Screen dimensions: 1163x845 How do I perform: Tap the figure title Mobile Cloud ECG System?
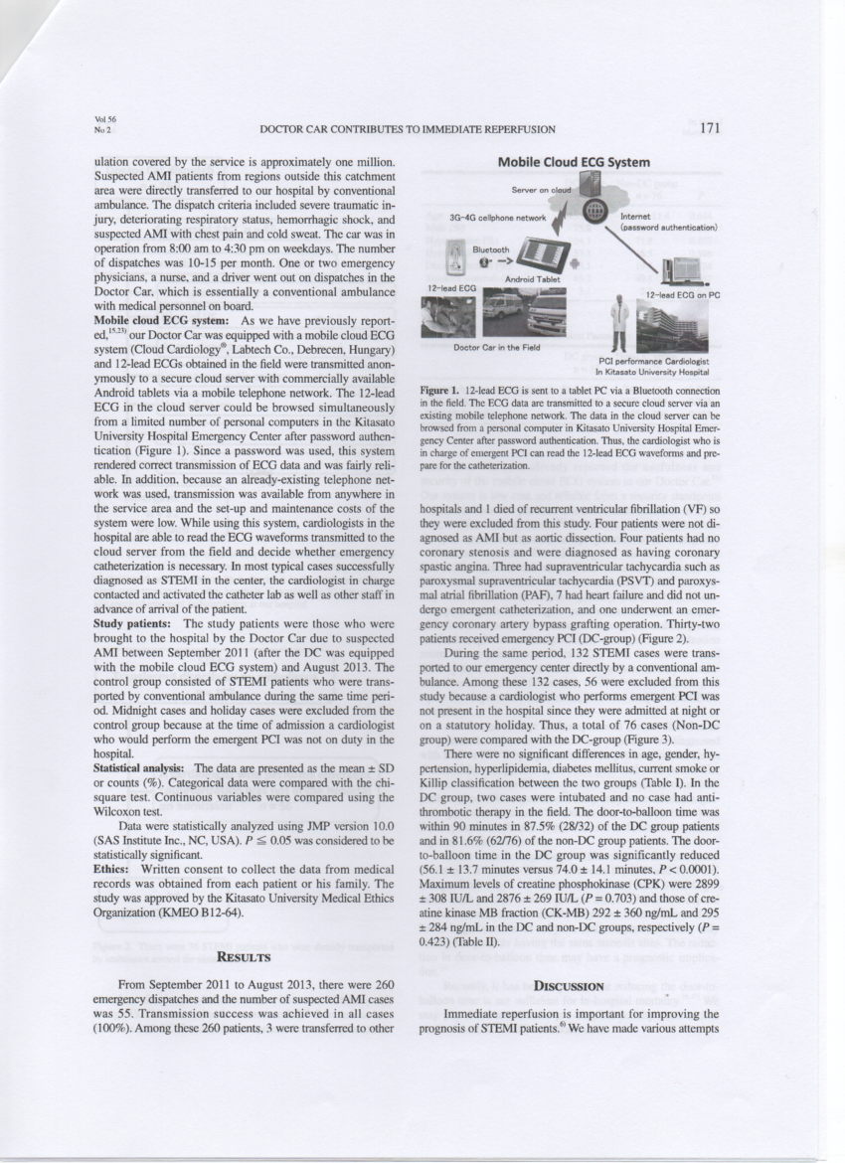tap(575, 162)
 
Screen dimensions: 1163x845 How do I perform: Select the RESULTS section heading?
tap(244, 957)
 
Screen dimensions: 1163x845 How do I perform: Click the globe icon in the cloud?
tap(595, 210)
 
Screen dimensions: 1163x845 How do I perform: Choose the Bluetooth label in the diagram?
tap(490, 250)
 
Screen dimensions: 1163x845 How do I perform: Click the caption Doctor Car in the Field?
tap(497, 347)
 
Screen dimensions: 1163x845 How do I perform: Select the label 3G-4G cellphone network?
tap(498, 216)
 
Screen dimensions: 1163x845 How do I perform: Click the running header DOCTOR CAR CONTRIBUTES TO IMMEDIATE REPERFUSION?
tap(407, 129)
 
